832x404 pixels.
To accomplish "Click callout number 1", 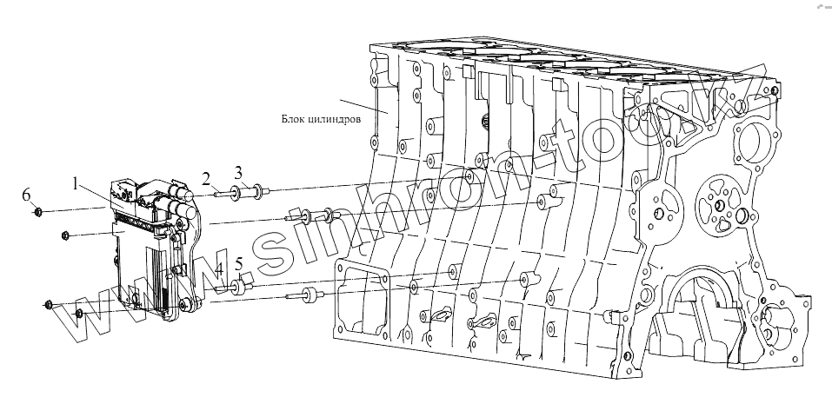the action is pyautogui.click(x=77, y=184).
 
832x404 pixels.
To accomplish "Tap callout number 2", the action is pyautogui.click(x=207, y=178).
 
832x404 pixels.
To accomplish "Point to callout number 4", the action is pyautogui.click(x=219, y=268).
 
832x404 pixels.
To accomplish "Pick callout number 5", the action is pyautogui.click(x=238, y=262).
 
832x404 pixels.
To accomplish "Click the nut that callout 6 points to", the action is pyautogui.click(x=39, y=211).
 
